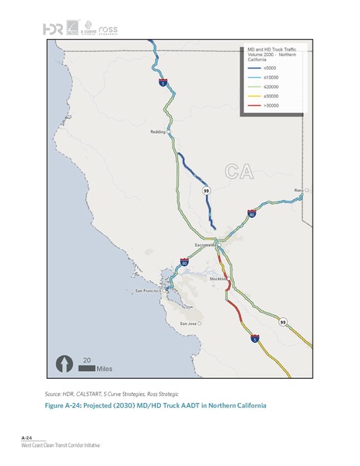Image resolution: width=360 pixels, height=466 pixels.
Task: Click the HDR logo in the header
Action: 53,29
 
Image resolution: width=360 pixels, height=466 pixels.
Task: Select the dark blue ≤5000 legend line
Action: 251,76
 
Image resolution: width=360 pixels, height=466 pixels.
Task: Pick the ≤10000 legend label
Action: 272,86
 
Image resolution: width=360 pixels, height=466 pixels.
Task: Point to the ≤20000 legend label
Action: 272,96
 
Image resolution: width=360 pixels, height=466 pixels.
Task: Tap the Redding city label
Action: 156,132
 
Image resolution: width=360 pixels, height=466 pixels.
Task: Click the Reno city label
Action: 298,190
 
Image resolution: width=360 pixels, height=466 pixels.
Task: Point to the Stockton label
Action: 218,279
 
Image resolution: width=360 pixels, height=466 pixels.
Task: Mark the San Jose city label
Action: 188,323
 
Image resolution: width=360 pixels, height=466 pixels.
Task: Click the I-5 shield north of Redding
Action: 163,81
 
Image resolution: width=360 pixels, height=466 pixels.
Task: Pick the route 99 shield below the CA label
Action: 206,190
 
